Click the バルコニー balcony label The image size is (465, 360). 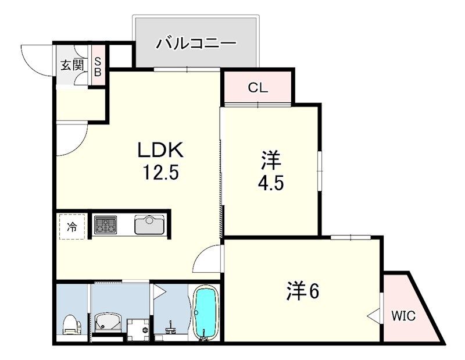[x=196, y=44]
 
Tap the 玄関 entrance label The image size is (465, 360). [x=71, y=65]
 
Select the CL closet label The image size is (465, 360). [x=257, y=88]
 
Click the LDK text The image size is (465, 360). [x=160, y=151]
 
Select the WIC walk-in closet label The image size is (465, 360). [x=403, y=316]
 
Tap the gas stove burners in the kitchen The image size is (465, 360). [x=106, y=224]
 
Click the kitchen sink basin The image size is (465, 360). [x=149, y=224]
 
